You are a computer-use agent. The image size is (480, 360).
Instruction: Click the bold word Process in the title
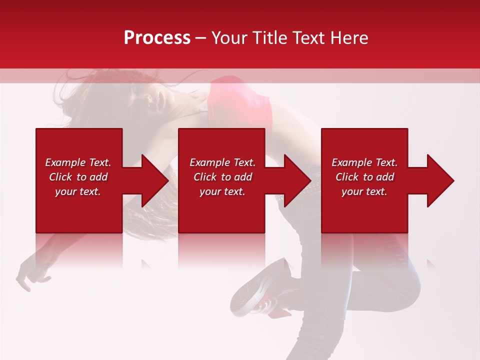pyautogui.click(x=157, y=38)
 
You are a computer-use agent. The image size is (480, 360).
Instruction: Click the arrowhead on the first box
pyautogui.click(x=153, y=180)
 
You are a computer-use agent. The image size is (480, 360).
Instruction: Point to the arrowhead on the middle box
pyautogui.click(x=295, y=180)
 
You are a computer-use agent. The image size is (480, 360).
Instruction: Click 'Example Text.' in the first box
pyautogui.click(x=78, y=162)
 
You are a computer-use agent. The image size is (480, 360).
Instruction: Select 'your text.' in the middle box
pyautogui.click(x=222, y=191)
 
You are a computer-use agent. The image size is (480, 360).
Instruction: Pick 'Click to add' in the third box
pyautogui.click(x=364, y=177)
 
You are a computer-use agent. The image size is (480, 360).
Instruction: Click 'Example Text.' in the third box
pyautogui.click(x=364, y=162)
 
